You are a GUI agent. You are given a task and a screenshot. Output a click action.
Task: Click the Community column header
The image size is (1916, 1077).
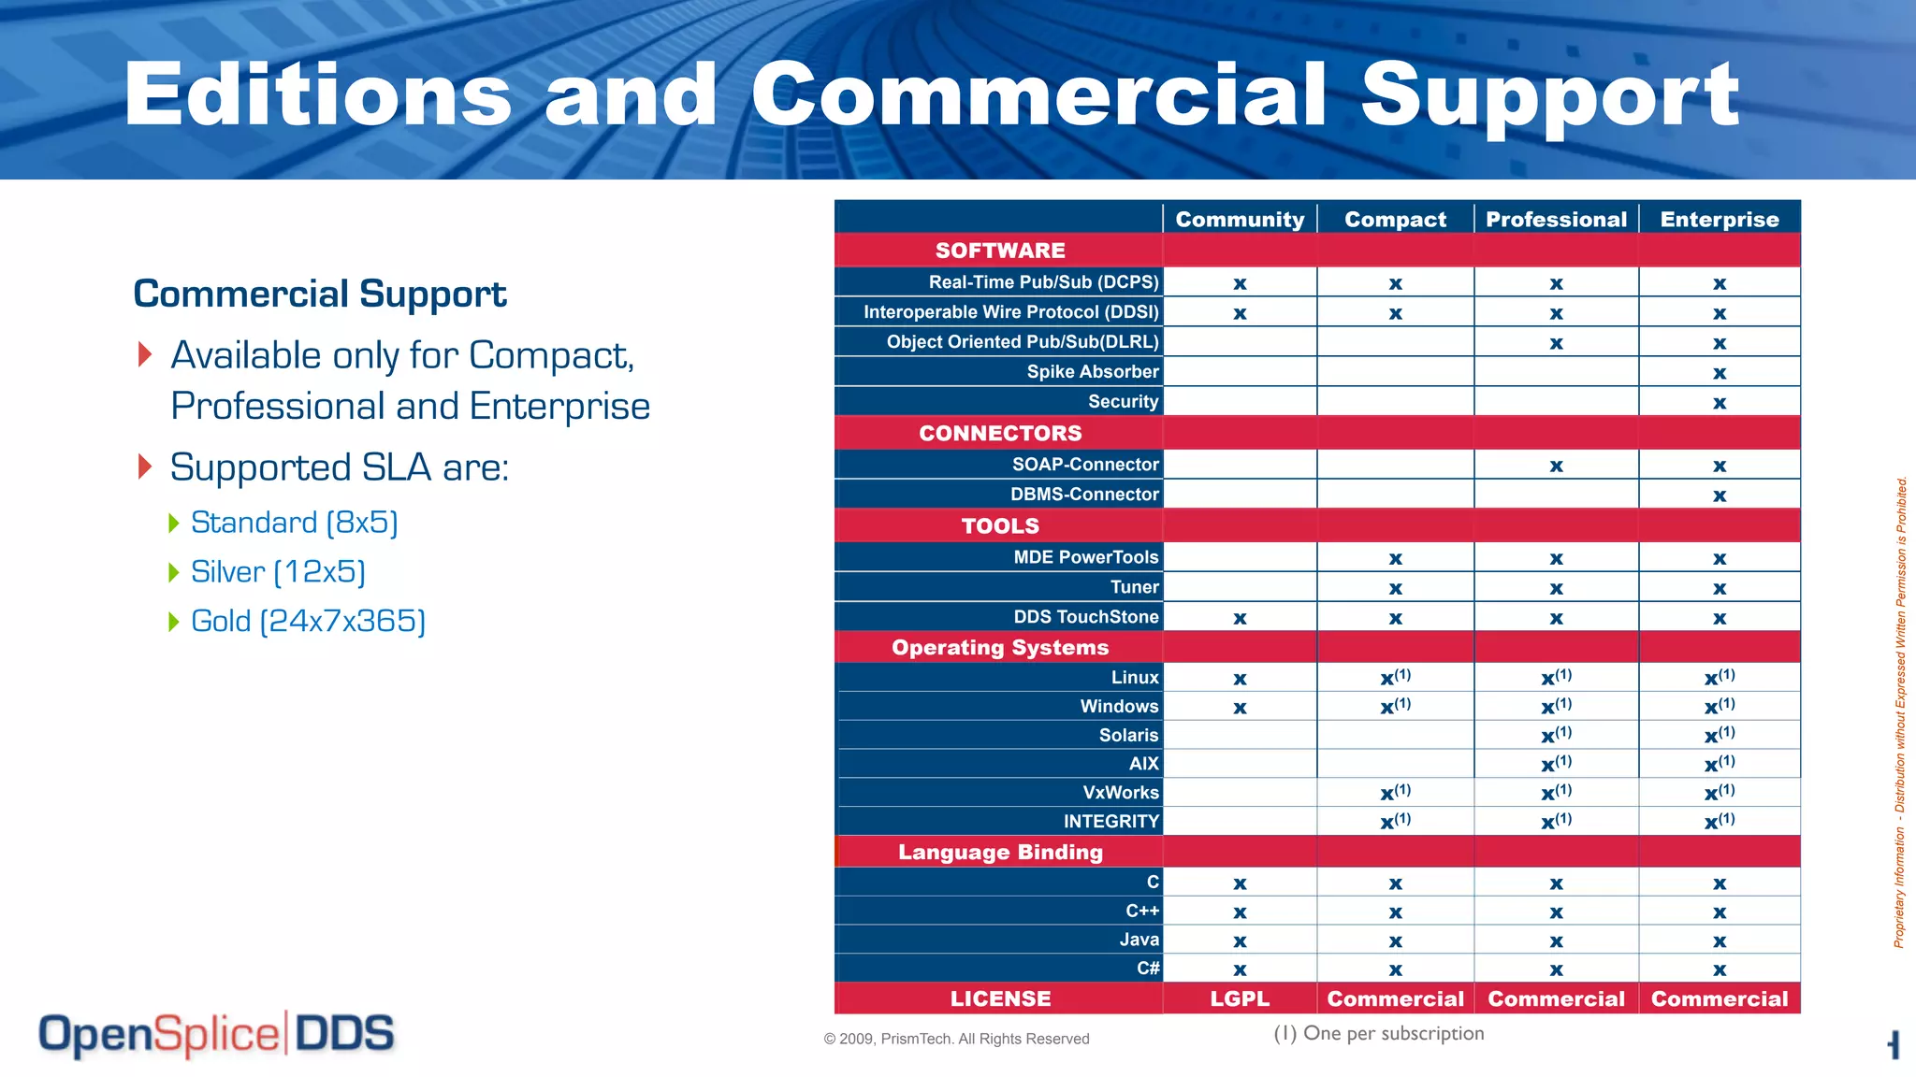(x=1240, y=219)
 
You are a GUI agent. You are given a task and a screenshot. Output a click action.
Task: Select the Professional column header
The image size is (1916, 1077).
(x=1556, y=219)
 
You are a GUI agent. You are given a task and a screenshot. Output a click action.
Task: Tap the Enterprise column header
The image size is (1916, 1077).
(x=1719, y=219)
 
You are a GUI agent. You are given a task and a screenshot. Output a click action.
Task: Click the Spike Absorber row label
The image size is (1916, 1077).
(x=1092, y=371)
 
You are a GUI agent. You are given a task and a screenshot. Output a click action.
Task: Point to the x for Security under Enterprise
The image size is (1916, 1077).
(x=1719, y=403)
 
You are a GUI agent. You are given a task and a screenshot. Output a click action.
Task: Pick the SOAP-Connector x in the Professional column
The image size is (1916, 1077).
(x=1556, y=466)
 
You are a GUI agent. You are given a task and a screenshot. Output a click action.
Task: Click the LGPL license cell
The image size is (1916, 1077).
(x=1240, y=998)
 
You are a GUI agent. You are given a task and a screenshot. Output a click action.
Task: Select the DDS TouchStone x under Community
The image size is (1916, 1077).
(x=1240, y=618)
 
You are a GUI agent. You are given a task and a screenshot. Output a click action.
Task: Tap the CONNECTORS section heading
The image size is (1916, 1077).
(x=1000, y=433)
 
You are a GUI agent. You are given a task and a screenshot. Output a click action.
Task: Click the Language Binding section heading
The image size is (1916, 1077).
(x=1000, y=852)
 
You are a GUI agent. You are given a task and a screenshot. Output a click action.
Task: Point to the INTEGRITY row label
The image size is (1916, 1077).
(x=1110, y=821)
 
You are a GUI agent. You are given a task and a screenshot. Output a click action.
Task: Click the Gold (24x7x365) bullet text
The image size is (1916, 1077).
(x=308, y=621)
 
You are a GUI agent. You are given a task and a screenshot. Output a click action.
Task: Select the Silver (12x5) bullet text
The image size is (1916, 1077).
(x=278, y=571)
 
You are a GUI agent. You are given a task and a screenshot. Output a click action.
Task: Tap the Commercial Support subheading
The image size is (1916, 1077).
(x=319, y=294)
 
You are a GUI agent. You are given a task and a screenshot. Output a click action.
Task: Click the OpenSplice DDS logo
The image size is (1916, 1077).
(x=216, y=1034)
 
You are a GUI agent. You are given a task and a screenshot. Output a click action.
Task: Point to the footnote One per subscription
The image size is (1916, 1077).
(x=1379, y=1033)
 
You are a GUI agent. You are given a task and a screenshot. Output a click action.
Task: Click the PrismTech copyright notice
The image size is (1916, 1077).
(x=956, y=1039)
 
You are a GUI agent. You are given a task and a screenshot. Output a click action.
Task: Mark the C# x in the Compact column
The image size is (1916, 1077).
(x=1395, y=969)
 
